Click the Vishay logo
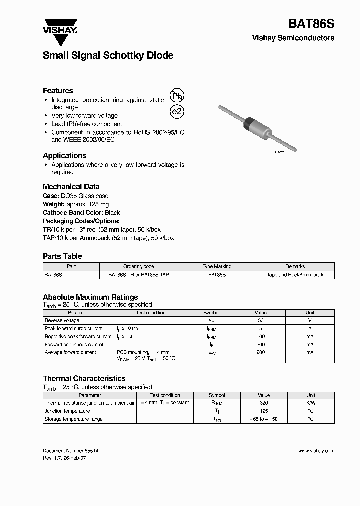(x=60, y=26)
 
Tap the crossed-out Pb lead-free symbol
(x=177, y=96)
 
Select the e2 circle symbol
(x=177, y=112)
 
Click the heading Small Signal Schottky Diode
(x=108, y=56)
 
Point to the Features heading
(x=58, y=91)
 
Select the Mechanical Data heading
(x=71, y=187)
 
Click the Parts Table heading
(x=62, y=256)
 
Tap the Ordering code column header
(x=138, y=266)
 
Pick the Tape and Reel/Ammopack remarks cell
(x=295, y=275)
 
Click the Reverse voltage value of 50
(x=260, y=320)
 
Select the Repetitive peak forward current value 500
(x=260, y=336)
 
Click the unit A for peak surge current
(x=310, y=328)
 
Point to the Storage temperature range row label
(x=73, y=419)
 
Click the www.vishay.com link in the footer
(x=316, y=450)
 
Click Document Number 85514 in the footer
(x=70, y=450)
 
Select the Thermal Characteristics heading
(x=84, y=379)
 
